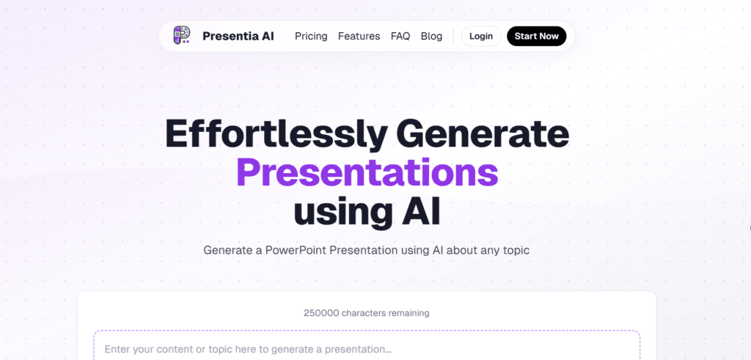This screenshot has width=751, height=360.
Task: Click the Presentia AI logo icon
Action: pos(181,35)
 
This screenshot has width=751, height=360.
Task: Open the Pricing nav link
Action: pos(311,36)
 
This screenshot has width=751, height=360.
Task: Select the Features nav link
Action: pos(359,36)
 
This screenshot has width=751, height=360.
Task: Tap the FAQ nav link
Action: pos(400,36)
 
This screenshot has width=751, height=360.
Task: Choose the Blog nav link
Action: pos(431,36)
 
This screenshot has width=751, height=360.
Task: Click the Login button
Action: pos(481,36)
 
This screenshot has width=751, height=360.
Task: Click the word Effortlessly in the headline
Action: pos(276,134)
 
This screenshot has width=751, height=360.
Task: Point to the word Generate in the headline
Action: pos(483,134)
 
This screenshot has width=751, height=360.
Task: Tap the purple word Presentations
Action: pos(367,172)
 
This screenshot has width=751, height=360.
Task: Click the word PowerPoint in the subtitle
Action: pos(296,250)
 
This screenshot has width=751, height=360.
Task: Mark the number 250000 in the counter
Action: pos(320,313)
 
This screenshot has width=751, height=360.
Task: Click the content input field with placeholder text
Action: pos(367,348)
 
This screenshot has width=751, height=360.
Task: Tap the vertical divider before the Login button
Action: pos(453,36)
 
